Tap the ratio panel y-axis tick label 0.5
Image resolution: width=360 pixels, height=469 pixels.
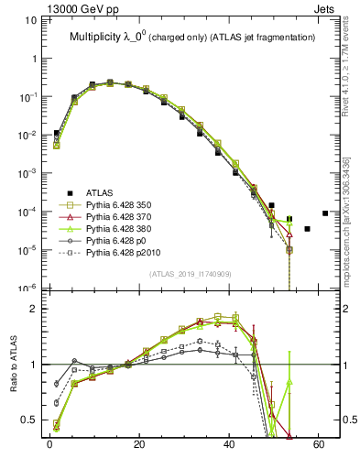[x=33, y=420]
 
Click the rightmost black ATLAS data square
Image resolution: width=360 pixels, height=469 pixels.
[x=325, y=213]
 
